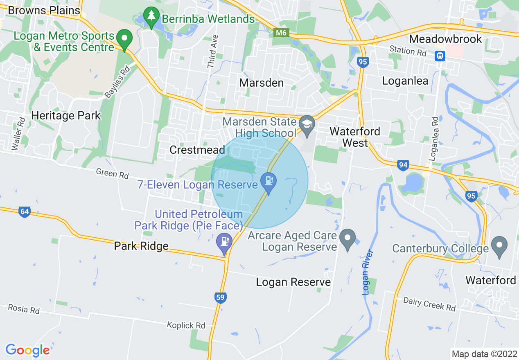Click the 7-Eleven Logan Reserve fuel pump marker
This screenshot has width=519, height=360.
[269, 180]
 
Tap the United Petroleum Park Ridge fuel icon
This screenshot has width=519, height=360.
[224, 240]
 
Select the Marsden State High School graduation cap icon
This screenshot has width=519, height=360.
[307, 122]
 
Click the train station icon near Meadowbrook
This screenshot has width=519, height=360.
[440, 55]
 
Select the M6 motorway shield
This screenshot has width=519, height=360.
[281, 33]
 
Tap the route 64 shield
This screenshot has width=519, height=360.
[24, 212]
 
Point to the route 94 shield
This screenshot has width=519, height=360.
[403, 165]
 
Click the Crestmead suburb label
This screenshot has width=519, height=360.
[197, 150]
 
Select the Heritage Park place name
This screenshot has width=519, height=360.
[66, 116]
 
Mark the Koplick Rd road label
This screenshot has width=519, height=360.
[186, 326]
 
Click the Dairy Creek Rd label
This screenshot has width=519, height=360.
[429, 304]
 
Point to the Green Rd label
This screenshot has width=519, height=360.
[112, 174]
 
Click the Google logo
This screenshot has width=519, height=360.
[27, 350]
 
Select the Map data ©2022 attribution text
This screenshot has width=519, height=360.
[483, 353]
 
